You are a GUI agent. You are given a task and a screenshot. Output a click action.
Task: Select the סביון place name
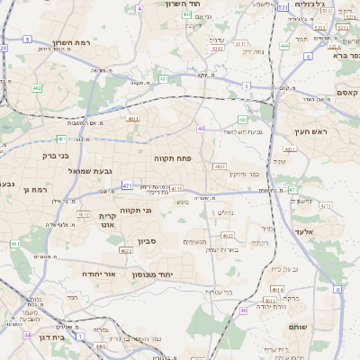(x=148, y=241)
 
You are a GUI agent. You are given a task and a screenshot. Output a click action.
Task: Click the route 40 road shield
(x=202, y=129)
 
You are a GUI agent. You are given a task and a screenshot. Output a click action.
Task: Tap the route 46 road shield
(x=244, y=310)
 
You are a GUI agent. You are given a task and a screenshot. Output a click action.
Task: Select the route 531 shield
(x=283, y=7)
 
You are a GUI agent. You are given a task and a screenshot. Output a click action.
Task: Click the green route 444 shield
(x=284, y=45)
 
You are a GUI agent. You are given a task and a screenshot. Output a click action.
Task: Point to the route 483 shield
(x=220, y=166)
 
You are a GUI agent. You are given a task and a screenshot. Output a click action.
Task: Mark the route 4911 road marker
(x=133, y=118)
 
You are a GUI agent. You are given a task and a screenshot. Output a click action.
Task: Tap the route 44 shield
(x=27, y=334)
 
